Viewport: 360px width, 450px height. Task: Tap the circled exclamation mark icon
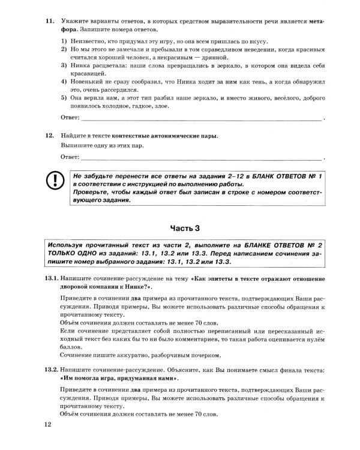coord(55,180)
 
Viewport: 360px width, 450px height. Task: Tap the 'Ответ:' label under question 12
coord(70,157)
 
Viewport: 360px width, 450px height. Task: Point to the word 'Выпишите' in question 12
coord(74,146)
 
